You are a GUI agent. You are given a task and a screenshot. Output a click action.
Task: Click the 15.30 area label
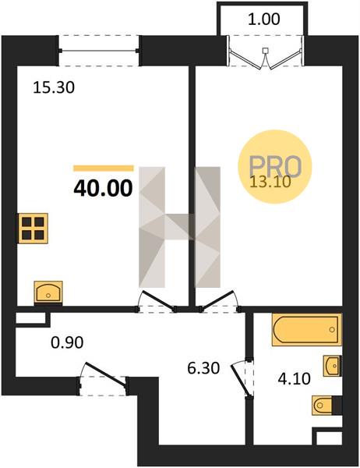(x=54, y=87)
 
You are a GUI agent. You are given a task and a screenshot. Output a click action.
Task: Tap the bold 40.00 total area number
(x=103, y=188)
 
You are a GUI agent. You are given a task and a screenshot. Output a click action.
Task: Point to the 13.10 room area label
(x=270, y=182)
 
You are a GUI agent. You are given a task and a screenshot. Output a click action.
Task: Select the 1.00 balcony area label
(x=264, y=19)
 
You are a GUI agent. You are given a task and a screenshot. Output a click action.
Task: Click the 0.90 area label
(x=67, y=342)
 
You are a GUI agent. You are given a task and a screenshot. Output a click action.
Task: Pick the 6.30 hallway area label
(x=203, y=368)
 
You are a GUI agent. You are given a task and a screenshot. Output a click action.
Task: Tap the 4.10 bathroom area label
(x=294, y=379)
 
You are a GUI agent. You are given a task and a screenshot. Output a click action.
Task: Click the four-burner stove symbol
(x=33, y=229)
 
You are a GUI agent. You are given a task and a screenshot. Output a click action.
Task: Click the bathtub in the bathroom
(x=306, y=329)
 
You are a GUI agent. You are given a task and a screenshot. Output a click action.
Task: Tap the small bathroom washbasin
(x=332, y=366)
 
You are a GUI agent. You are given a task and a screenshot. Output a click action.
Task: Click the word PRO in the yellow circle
(x=275, y=166)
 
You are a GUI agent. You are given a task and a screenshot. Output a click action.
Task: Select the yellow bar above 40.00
(x=104, y=168)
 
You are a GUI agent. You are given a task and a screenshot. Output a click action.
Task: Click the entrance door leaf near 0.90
(x=105, y=374)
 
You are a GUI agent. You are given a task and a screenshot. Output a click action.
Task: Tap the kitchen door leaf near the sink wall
(x=157, y=300)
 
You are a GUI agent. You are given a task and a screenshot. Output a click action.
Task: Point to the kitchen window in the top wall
(x=99, y=51)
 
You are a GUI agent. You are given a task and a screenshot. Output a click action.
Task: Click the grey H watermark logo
(x=179, y=227)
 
